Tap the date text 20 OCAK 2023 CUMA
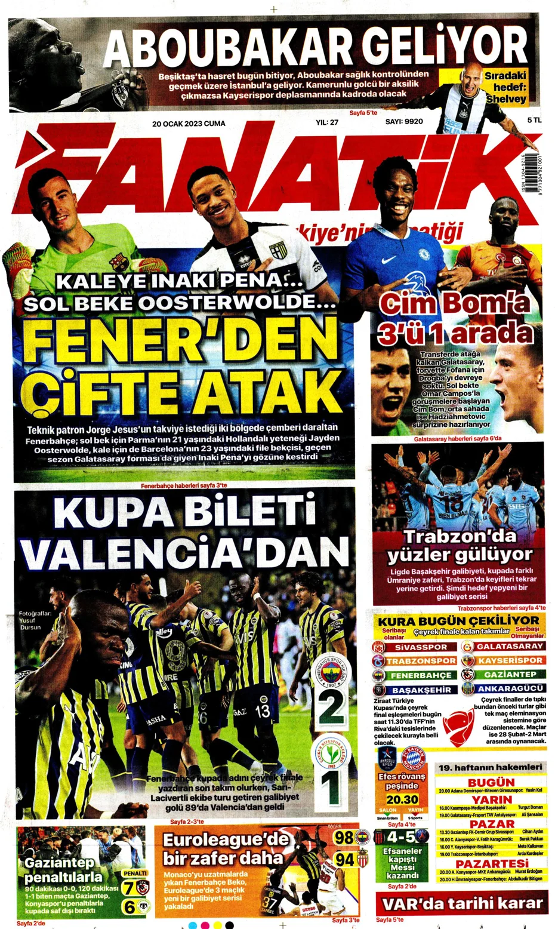click(189, 123)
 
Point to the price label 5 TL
click(534, 120)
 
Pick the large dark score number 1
click(331, 788)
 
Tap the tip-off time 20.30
click(402, 799)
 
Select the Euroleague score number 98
click(344, 838)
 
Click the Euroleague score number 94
click(344, 859)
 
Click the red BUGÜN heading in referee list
click(491, 782)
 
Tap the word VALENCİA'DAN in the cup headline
click(185, 551)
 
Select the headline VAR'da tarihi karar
click(462, 903)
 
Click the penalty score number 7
click(128, 888)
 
